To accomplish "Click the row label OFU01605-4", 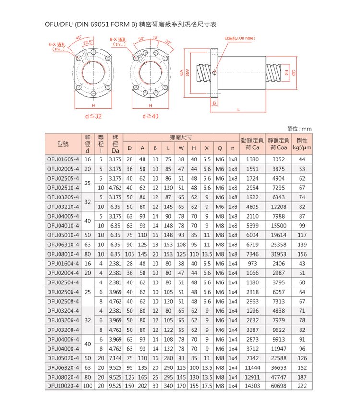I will pos(62,159).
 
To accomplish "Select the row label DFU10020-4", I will pos(62,385).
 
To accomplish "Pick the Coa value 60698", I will pos(278,385).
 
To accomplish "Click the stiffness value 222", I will pos(301,385).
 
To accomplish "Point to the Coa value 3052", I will pos(278,159).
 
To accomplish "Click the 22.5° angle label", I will pos(88,42).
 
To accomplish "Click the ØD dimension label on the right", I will pos(293,73).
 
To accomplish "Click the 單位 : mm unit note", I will pos(299,129).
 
